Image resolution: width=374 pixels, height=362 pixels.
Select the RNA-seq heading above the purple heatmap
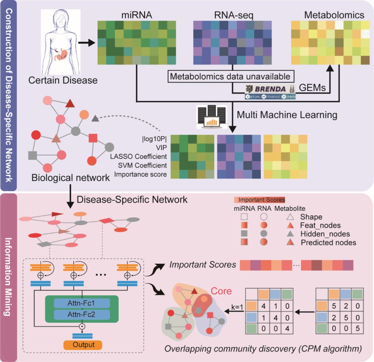(x=232, y=15)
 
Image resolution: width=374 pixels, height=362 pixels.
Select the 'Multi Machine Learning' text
(x=286, y=115)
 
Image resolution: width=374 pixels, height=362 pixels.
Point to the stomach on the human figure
(x=59, y=54)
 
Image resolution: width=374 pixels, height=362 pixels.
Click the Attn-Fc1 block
(x=81, y=303)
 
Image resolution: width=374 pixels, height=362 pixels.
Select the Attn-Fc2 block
(x=81, y=315)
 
